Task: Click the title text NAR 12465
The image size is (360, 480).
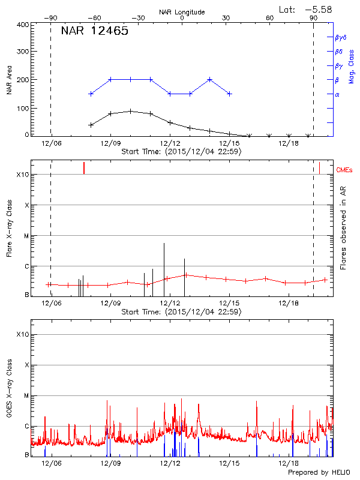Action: [95, 31]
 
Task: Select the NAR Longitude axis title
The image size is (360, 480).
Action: [182, 12]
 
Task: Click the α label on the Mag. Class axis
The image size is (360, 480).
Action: [337, 95]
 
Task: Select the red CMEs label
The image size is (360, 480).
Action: [345, 170]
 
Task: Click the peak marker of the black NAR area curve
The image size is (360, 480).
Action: [130, 111]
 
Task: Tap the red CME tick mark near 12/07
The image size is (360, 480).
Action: [84, 168]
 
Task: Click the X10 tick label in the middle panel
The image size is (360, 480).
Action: [23, 175]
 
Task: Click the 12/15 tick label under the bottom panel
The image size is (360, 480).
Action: [230, 463]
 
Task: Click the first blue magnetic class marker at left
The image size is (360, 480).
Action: [91, 94]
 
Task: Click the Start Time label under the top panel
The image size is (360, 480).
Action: [181, 152]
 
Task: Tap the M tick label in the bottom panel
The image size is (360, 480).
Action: [26, 396]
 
